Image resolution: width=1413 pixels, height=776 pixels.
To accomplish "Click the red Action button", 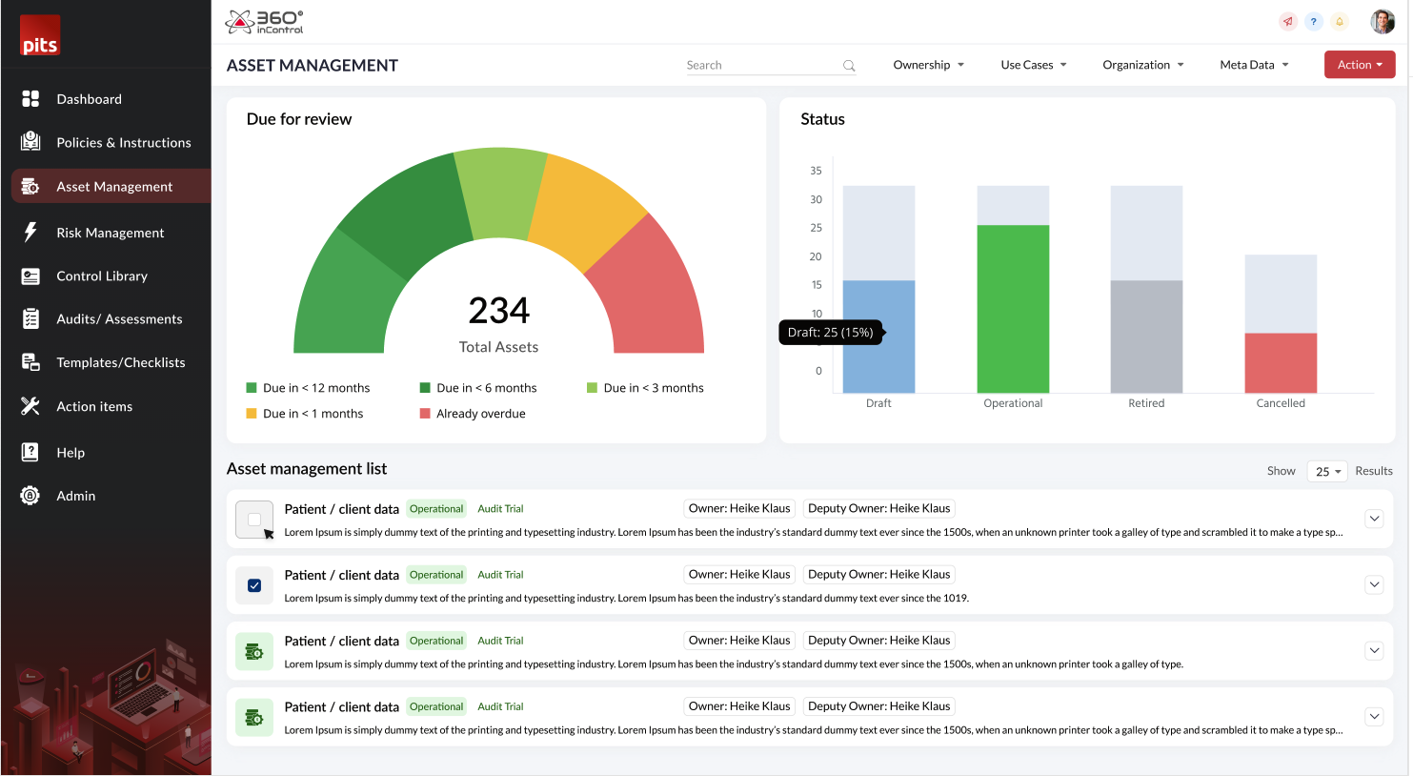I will coord(1359,65).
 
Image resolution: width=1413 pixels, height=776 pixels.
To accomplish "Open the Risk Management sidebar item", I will coord(110,233).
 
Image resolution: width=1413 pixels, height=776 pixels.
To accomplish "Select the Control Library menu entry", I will coord(102,276).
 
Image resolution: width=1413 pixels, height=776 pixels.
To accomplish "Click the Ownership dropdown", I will coord(928,65).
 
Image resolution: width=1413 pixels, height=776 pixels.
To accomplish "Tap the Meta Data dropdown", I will coord(1254,65).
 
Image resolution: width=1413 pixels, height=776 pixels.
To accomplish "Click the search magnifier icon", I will coord(849,66).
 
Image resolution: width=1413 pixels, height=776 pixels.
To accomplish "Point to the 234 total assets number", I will coord(498,311).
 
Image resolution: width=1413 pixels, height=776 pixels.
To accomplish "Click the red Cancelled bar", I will coord(1281,362).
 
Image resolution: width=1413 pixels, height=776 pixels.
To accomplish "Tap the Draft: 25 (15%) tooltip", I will coord(831,333).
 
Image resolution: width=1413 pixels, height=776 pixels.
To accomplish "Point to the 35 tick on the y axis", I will coord(816,171).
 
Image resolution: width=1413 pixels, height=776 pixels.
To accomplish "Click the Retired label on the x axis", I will coord(1146,403).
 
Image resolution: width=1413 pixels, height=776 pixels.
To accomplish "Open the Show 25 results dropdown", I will coord(1327,471).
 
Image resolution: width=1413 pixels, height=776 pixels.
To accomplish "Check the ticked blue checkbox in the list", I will coord(254,585).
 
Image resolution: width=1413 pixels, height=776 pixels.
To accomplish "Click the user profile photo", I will coord(1382,21).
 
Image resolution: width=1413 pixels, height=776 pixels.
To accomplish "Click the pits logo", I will coord(40,35).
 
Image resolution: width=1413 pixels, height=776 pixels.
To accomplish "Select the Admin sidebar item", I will coord(75,496).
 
